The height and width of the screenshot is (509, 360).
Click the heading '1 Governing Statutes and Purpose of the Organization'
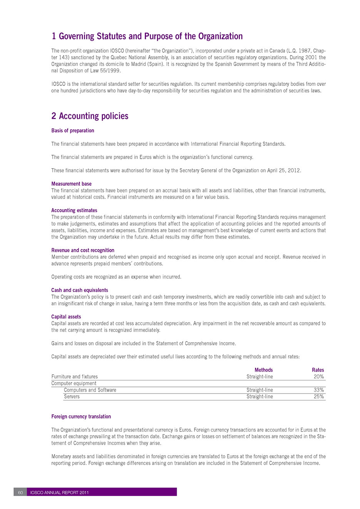point(147,37)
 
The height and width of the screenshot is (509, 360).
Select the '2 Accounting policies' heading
point(90,116)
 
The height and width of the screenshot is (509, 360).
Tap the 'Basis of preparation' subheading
point(73,131)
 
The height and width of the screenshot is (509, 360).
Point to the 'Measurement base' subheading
point(71,184)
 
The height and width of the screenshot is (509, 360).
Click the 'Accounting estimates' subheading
point(74,210)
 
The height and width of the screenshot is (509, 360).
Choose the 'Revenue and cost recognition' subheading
point(83,250)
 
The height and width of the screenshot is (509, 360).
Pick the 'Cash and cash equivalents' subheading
point(80,290)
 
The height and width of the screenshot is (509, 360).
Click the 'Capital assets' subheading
point(66,316)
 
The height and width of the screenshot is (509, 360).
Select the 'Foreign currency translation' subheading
point(81,417)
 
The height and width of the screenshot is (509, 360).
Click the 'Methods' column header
point(264,370)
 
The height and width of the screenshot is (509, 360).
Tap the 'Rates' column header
point(318,370)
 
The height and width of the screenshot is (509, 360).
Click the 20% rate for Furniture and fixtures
point(319,377)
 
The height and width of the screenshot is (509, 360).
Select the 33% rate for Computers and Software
point(319,390)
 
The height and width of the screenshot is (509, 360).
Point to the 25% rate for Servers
point(319,397)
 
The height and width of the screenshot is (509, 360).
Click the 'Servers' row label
point(72,397)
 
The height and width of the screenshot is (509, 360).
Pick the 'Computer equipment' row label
point(74,383)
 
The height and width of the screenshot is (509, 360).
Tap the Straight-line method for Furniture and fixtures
point(260,377)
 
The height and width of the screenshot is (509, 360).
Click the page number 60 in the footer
point(20,492)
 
